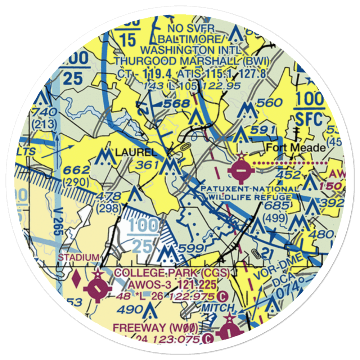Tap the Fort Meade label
(x=296, y=148)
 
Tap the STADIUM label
(x=78, y=257)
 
